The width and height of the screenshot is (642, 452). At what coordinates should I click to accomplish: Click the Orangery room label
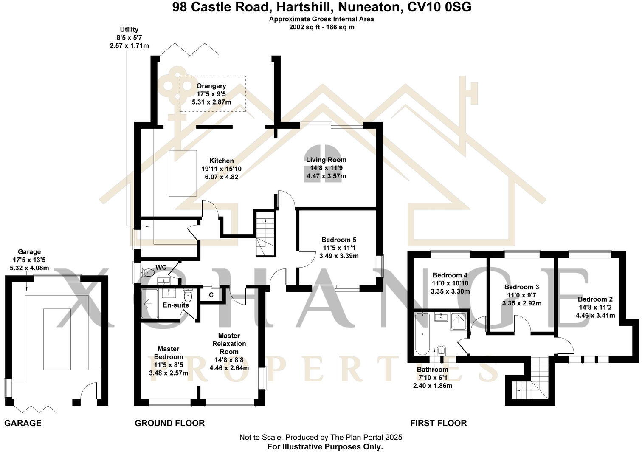coord(211,86)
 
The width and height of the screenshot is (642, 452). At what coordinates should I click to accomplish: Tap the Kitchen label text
coord(221,161)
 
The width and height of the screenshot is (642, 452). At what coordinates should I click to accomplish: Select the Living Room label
coord(326,160)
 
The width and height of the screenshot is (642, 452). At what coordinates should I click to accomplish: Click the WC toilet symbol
coord(148,272)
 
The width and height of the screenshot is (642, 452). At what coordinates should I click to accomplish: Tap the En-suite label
coord(175,305)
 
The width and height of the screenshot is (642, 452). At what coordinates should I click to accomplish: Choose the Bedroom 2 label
coord(595,299)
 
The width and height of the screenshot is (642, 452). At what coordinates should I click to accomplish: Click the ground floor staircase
coord(265,235)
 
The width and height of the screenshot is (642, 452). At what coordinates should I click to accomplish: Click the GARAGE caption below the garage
coord(23,423)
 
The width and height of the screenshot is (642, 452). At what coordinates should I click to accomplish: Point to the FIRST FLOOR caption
coord(438,423)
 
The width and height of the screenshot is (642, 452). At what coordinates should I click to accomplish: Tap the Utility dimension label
coord(129,37)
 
